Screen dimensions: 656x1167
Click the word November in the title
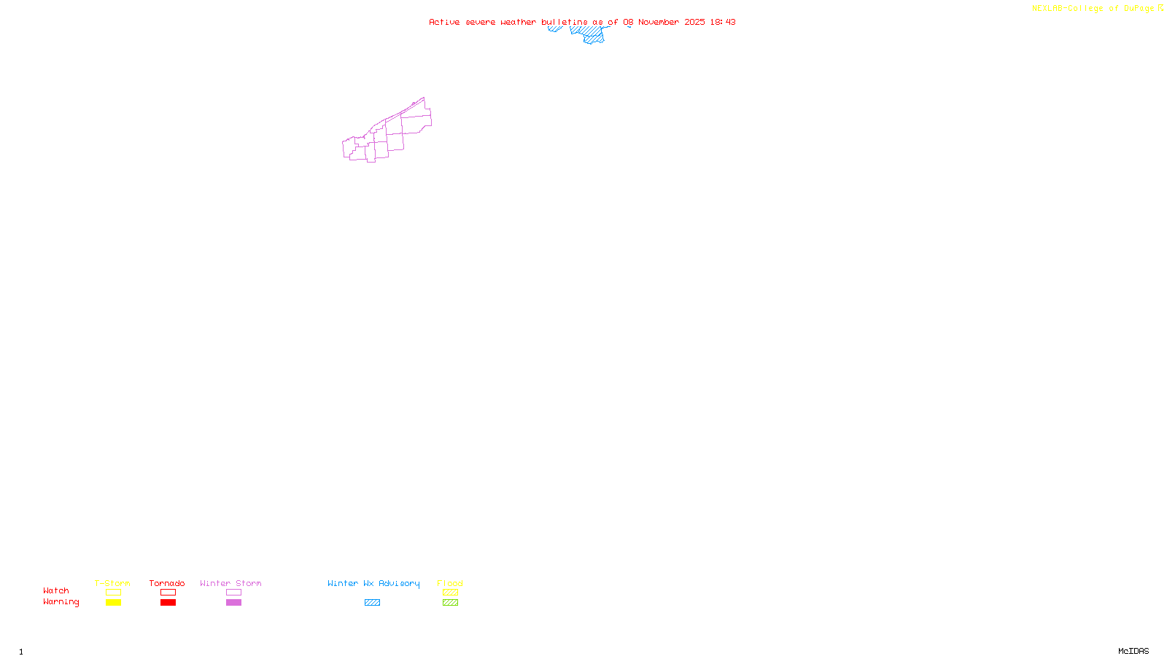(659, 22)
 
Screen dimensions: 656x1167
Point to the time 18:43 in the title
(723, 22)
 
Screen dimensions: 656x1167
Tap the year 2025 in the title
(694, 22)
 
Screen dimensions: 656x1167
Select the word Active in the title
(444, 22)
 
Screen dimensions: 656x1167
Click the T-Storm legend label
(112, 583)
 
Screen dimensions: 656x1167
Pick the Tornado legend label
(167, 583)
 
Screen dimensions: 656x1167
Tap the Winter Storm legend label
(230, 583)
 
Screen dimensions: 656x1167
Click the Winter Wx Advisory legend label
(373, 583)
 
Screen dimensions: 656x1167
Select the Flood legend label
(450, 583)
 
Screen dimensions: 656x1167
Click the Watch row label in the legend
(56, 590)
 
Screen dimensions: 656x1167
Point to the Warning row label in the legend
(61, 602)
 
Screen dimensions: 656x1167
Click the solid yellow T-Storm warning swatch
(113, 603)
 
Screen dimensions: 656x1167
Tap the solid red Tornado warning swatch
(168, 603)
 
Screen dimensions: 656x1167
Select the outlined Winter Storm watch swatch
(233, 593)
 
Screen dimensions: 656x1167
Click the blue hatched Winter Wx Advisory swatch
(372, 603)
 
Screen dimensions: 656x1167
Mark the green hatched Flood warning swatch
(450, 603)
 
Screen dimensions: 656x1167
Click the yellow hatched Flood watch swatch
(450, 593)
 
